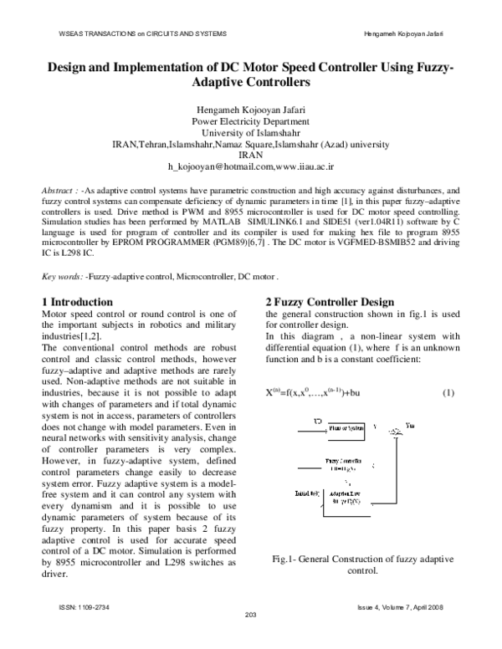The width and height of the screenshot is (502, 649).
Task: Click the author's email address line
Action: (x=251, y=166)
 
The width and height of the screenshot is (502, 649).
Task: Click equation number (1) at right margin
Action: (x=448, y=392)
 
